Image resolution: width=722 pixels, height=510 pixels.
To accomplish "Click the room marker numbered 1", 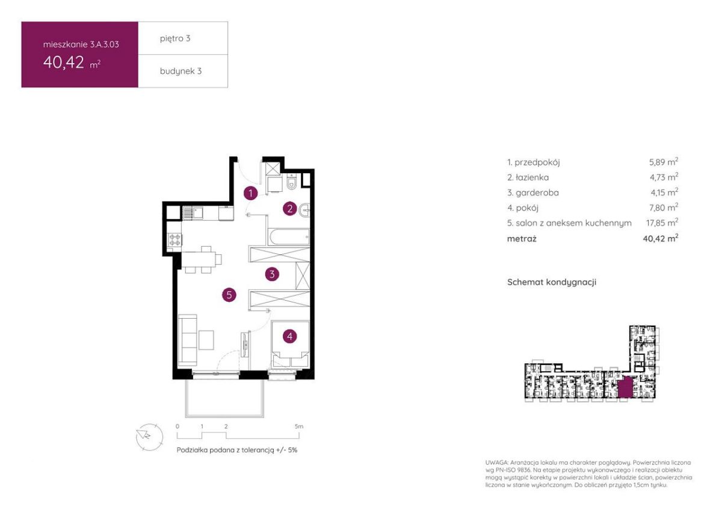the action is pyautogui.click(x=250, y=193).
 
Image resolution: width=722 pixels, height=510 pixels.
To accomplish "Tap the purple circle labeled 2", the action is pyautogui.click(x=290, y=209).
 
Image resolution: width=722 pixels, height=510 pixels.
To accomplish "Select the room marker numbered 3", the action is pyautogui.click(x=272, y=274).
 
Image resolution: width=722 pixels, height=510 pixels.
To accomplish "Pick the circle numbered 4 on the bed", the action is pyautogui.click(x=290, y=336).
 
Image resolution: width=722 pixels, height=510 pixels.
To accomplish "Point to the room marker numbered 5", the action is pyautogui.click(x=229, y=295).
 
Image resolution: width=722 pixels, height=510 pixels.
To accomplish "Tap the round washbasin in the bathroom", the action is pyautogui.click(x=304, y=210).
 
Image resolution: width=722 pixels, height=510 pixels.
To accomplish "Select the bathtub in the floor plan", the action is pyautogui.click(x=289, y=237).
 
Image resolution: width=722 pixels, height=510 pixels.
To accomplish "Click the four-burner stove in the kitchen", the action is pyautogui.click(x=174, y=240).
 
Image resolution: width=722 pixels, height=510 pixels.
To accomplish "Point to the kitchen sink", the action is pyautogui.click(x=193, y=213).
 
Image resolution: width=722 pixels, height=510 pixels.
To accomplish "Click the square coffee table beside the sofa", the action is pyautogui.click(x=206, y=340).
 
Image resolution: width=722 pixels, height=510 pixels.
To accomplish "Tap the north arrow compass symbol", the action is pyautogui.click(x=149, y=437).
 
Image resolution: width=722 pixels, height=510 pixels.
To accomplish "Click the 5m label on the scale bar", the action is pyautogui.click(x=299, y=426).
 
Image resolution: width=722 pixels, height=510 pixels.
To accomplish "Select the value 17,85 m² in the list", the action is pyautogui.click(x=662, y=223).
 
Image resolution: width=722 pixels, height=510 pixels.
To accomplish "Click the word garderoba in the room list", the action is pyautogui.click(x=537, y=192).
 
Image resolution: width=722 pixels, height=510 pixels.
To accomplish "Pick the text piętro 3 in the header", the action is pyautogui.click(x=175, y=38).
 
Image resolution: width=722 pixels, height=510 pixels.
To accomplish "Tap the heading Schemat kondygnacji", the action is pyautogui.click(x=552, y=282).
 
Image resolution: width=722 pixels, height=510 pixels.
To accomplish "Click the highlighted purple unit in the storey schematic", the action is pyautogui.click(x=625, y=389).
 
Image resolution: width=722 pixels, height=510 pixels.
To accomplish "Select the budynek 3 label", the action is pyautogui.click(x=181, y=71).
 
